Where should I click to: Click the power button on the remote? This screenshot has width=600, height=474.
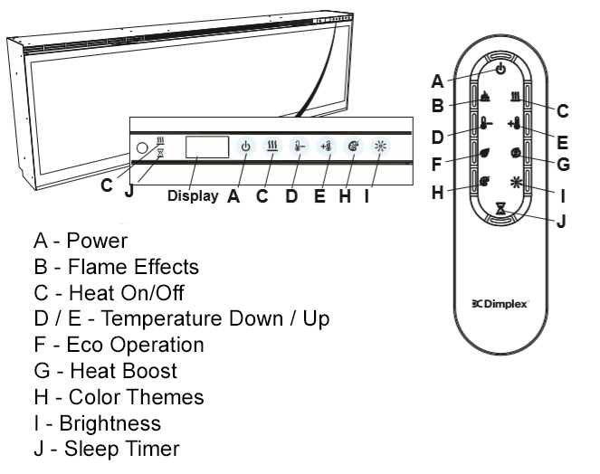(500, 69)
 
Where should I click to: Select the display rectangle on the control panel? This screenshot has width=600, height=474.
(207, 147)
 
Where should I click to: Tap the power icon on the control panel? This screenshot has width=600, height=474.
(244, 147)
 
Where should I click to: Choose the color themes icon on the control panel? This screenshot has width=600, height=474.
(352, 147)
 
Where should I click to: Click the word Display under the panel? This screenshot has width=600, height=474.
(192, 195)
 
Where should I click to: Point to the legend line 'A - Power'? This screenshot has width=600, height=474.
(81, 242)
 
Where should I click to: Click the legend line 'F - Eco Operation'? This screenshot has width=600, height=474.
(118, 345)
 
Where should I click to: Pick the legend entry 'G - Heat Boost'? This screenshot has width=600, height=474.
(105, 371)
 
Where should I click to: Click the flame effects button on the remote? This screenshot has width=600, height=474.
(484, 98)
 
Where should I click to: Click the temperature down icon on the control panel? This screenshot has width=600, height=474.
(298, 147)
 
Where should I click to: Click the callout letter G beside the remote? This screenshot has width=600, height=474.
(562, 165)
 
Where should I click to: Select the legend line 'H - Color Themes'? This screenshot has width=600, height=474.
(118, 397)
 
